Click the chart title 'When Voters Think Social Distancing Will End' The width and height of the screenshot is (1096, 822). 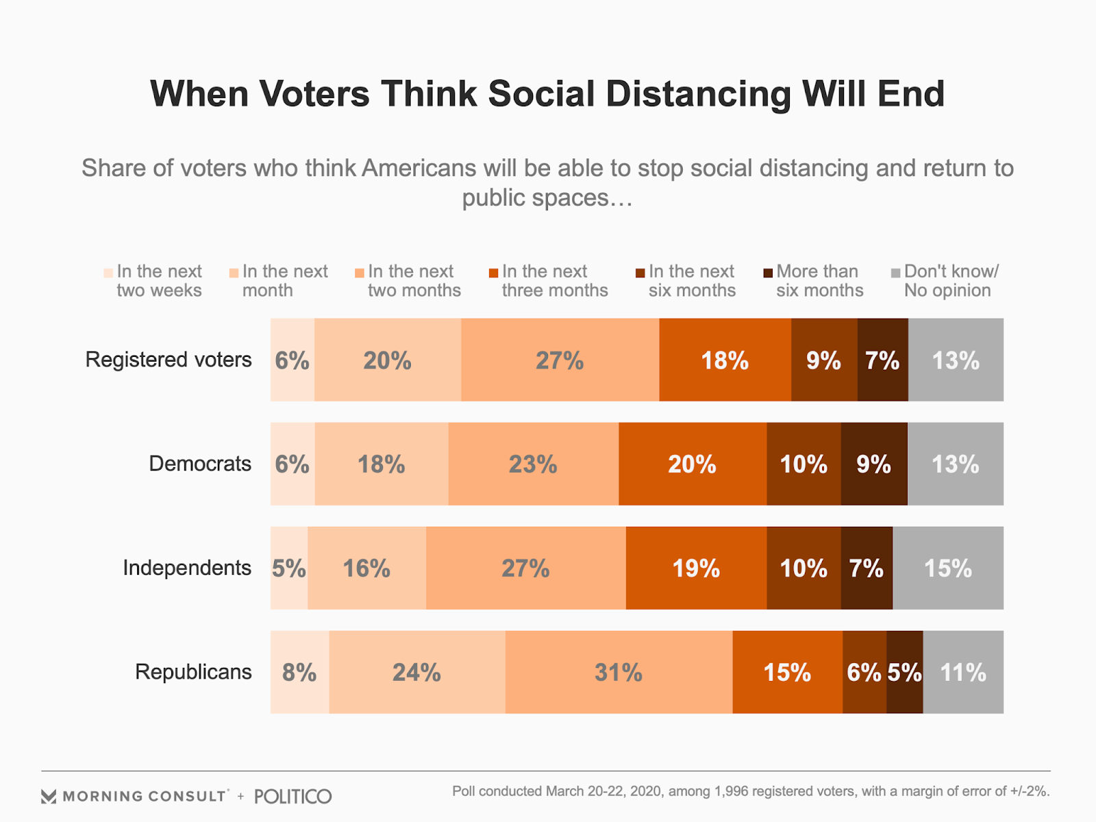[547, 94]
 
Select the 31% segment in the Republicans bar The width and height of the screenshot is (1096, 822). [619, 672]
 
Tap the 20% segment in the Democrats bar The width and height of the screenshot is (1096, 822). [692, 464]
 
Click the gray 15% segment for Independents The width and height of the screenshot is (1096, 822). [947, 568]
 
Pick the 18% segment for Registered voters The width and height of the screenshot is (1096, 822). [725, 360]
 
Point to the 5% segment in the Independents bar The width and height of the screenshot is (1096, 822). [289, 568]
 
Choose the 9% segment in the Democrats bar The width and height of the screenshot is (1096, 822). [873, 464]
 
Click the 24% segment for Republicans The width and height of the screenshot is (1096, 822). [416, 672]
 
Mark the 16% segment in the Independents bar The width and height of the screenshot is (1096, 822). [366, 568]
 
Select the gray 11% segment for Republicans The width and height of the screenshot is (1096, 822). [962, 672]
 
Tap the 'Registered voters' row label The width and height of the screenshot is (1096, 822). [169, 360]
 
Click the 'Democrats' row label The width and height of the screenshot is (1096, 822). [200, 464]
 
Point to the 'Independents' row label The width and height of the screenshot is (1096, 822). [187, 568]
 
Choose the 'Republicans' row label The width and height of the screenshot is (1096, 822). [193, 672]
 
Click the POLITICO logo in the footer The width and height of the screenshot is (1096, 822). [292, 797]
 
